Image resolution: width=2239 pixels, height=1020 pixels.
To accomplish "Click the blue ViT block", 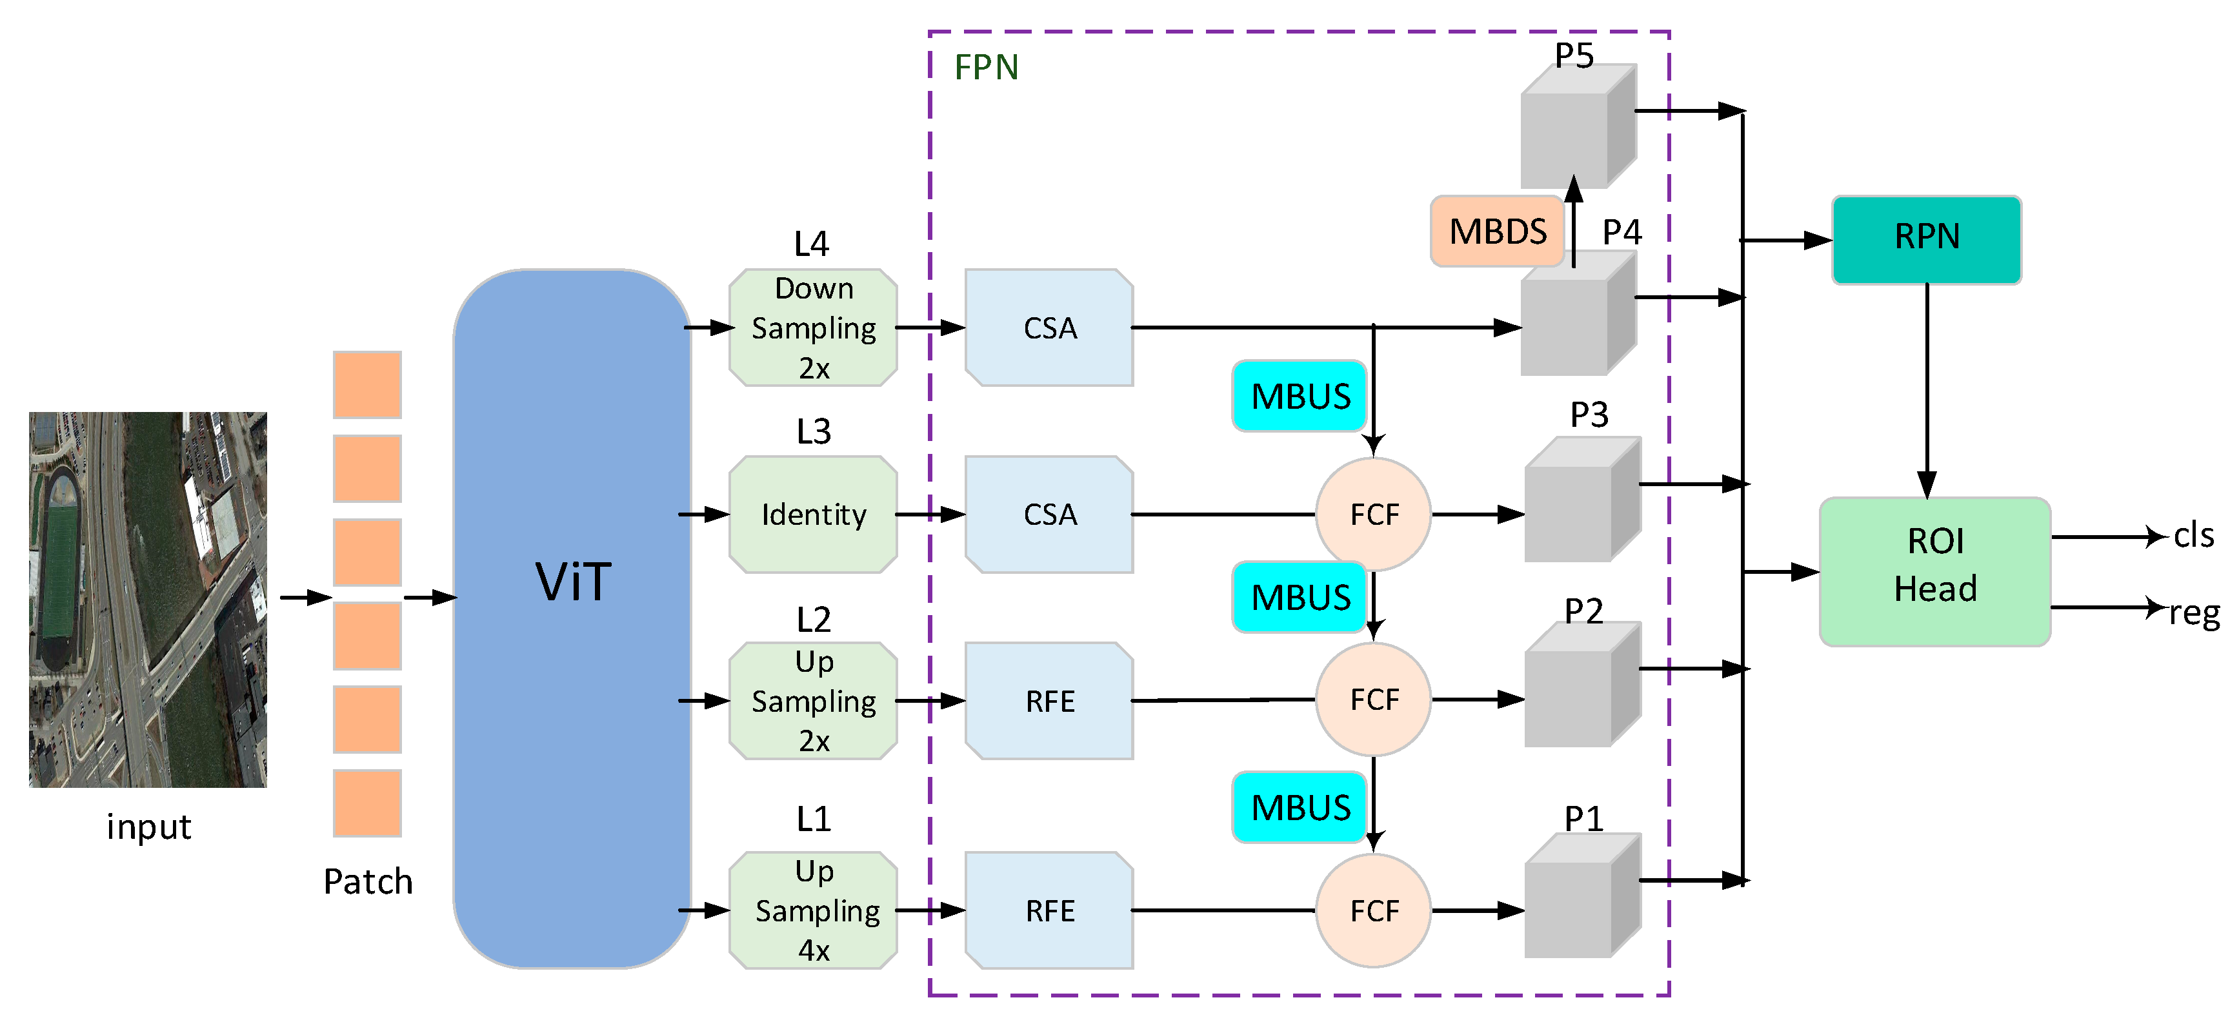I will point(572,618).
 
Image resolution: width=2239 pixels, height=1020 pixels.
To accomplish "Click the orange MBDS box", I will point(1497,231).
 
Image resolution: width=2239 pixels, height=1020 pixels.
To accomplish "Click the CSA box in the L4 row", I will point(1049,328).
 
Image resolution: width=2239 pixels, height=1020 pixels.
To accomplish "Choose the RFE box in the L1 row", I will point(1049,910).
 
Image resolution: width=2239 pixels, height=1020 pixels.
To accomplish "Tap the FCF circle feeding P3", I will point(1373,515).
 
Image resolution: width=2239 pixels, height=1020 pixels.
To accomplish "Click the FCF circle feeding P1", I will point(1373,910).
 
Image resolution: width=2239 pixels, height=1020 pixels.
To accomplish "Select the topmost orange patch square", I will point(366,384).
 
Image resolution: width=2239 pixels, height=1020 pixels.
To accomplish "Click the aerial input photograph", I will point(148,600).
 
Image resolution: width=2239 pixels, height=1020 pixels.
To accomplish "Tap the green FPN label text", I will point(986,67).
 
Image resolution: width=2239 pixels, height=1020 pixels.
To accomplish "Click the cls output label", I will point(2193,535).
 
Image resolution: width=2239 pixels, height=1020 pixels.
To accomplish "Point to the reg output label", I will point(2194,613).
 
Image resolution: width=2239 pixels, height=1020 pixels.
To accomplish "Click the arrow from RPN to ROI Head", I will point(1926,391).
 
